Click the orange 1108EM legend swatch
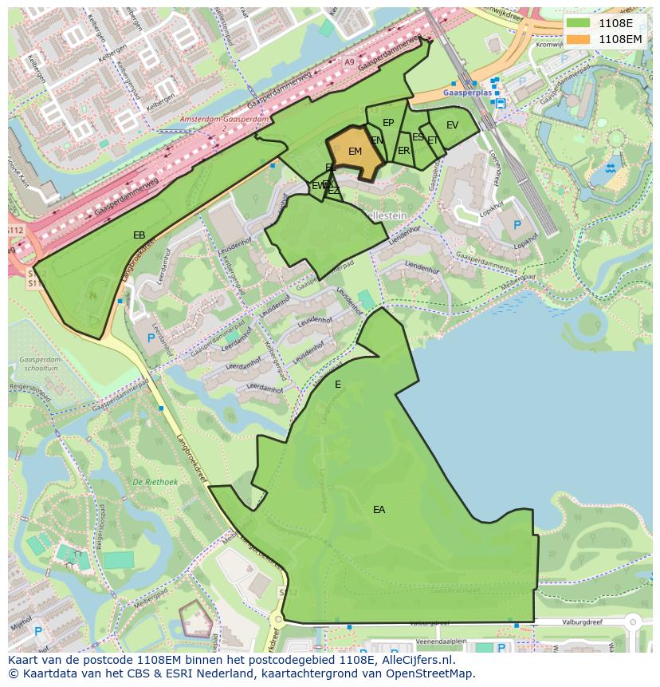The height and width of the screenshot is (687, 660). (x=578, y=38)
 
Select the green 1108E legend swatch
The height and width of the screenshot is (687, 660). (x=578, y=23)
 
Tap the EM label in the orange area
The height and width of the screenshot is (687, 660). (x=356, y=152)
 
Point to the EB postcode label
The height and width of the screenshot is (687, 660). (x=139, y=235)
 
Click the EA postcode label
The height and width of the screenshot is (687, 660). (x=379, y=509)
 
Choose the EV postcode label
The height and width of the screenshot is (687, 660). (x=452, y=125)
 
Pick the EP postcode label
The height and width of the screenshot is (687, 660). (x=388, y=123)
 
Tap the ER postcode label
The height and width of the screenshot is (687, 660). (x=403, y=151)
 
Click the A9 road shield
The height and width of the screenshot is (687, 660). (x=349, y=61)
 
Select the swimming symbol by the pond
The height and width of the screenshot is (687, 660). (x=611, y=168)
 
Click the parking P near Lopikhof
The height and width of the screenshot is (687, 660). (x=517, y=225)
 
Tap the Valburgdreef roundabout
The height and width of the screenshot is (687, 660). (x=634, y=622)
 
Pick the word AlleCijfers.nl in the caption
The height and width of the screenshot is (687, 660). (x=419, y=660)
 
